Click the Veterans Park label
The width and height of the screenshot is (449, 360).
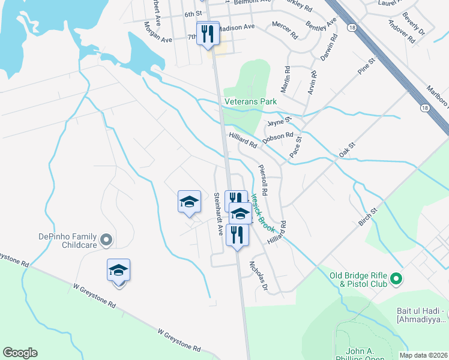[250, 102]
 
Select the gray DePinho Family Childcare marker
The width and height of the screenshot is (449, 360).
[106, 241]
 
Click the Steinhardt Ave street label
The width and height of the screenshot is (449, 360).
[218, 214]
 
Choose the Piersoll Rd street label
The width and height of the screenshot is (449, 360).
[262, 181]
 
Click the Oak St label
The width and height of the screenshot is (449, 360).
[347, 149]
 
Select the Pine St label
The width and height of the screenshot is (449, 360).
[366, 66]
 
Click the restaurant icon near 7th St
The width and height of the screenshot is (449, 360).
[207, 33]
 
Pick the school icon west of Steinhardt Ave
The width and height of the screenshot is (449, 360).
[189, 202]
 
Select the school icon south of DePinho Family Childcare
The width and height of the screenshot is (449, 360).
[119, 270]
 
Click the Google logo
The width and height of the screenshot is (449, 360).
[20, 353]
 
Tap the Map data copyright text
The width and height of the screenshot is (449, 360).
[424, 355]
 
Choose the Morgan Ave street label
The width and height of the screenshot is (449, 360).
[158, 32]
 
